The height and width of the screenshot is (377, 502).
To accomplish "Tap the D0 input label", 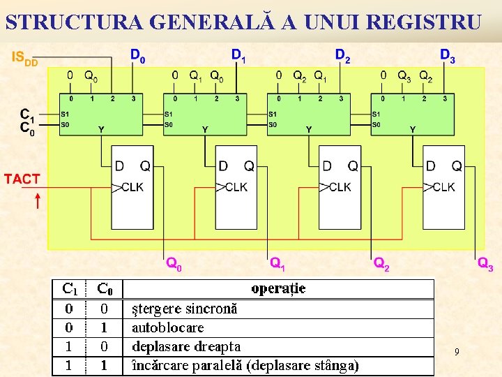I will point(138,55).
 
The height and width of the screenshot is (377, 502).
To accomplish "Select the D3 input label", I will point(448,55).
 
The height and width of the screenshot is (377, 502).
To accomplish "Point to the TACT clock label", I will point(22,179).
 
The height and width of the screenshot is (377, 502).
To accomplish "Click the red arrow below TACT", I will point(37,201).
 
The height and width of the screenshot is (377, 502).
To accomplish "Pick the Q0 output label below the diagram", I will point(174,264).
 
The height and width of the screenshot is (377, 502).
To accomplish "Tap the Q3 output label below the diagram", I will point(485,264).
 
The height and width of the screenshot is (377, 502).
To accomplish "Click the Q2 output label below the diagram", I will point(381,264).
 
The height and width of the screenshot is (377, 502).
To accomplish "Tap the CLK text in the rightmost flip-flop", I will point(443,187).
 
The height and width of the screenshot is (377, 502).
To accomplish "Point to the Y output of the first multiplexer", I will point(101,129).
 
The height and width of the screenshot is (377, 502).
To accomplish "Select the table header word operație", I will point(278,288).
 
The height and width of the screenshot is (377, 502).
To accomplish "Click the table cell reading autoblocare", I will point(167,327).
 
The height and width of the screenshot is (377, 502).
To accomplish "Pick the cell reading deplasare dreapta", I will point(185,346).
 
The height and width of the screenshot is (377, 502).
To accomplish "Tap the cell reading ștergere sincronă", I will point(184,308).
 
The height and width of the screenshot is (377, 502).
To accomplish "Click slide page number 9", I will point(457,353).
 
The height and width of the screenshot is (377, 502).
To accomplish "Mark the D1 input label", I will point(238,55).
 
